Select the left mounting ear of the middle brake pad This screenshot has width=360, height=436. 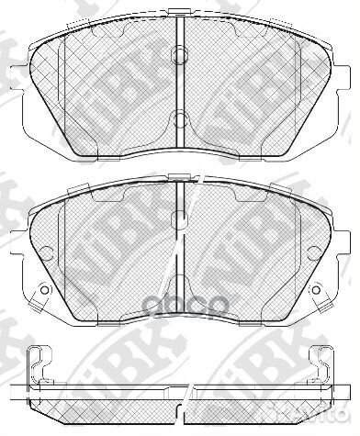tap(15, 248)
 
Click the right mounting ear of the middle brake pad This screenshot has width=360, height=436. tap(345, 248)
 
